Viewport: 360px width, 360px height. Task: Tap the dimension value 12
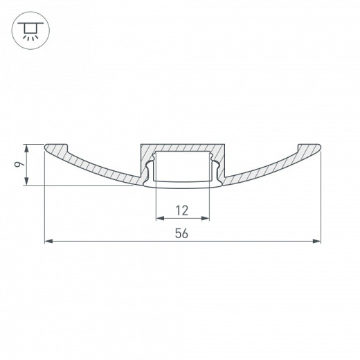pos(182,210)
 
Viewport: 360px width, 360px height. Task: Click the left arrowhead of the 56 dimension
pos(48,241)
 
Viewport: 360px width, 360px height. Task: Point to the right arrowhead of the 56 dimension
pos(318,241)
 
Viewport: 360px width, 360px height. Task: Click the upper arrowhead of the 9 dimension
pos(27,147)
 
